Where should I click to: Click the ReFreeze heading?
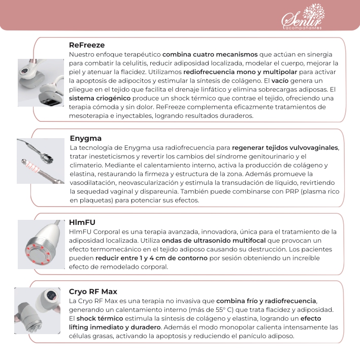(87, 45)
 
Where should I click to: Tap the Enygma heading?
(85, 138)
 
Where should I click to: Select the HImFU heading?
(82, 222)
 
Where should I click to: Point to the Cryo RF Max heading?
(93, 291)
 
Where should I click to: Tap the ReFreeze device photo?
(40, 82)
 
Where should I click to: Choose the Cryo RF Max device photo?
(38, 311)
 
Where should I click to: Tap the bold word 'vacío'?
(280, 81)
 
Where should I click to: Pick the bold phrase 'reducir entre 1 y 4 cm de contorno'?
(151, 258)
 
